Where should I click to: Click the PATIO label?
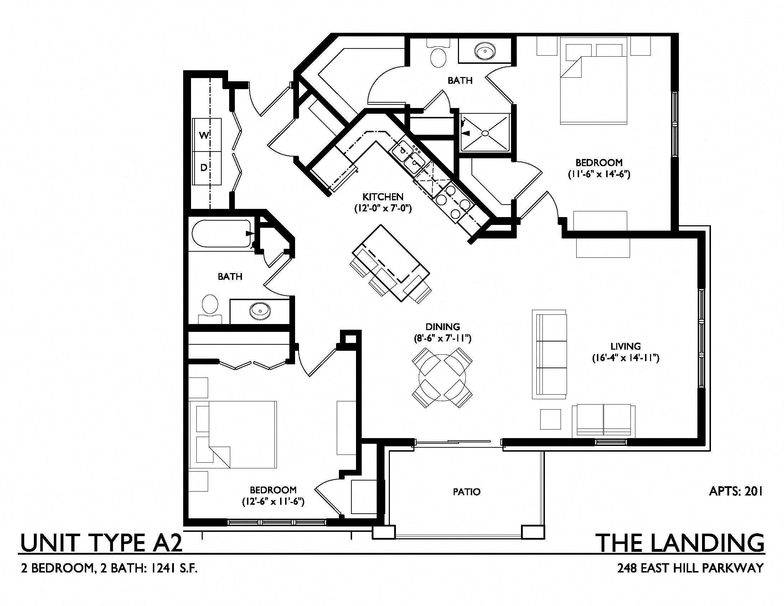[466, 492]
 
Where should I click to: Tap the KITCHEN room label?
[383, 197]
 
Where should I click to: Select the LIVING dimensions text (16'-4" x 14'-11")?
[625, 358]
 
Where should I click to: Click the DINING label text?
[443, 327]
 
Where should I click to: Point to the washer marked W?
[204, 135]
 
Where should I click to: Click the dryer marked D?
[204, 168]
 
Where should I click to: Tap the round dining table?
[442, 378]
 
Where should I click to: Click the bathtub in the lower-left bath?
[221, 233]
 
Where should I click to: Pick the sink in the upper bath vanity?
[485, 51]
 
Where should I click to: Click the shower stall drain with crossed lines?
[485, 133]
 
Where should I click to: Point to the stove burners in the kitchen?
[453, 202]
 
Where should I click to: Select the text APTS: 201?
[736, 492]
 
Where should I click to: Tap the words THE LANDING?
[680, 543]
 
